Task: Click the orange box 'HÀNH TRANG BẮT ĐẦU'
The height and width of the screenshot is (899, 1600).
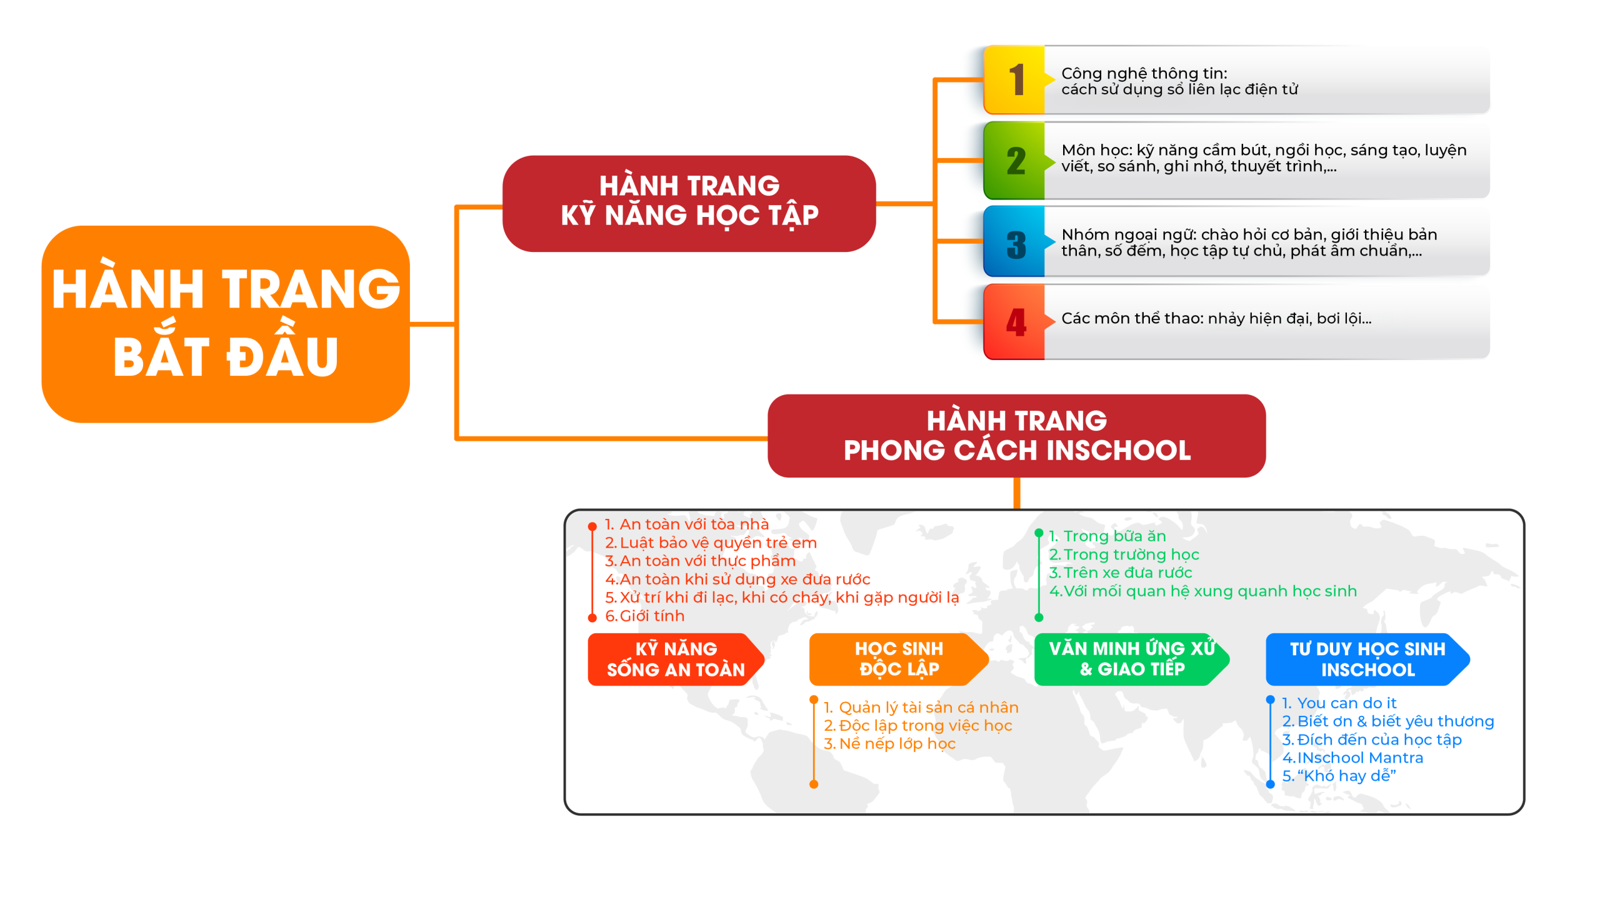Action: tap(225, 324)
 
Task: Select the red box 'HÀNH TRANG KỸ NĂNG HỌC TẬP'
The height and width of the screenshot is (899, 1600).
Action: tap(689, 203)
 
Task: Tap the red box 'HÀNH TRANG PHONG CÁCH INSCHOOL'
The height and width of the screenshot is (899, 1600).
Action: tap(1016, 436)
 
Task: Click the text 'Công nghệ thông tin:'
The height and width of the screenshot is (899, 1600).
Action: tap(1144, 73)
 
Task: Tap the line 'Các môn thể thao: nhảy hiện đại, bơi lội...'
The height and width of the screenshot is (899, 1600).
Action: tap(1216, 319)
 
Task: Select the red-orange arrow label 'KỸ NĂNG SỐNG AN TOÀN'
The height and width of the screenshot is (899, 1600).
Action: tap(675, 660)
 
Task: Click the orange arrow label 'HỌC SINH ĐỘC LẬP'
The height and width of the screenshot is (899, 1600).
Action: tap(898, 660)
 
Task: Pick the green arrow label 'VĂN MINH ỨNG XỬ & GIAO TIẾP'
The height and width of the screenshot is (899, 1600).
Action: tap(1131, 660)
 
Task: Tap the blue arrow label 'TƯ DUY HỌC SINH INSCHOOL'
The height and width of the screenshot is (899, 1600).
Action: tap(1367, 660)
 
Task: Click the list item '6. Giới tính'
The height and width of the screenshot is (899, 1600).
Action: tap(644, 616)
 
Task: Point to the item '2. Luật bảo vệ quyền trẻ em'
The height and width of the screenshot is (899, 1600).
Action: tap(711, 543)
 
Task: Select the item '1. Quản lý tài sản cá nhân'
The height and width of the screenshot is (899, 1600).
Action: tap(921, 708)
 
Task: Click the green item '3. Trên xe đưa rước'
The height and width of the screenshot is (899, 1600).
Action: tap(1121, 573)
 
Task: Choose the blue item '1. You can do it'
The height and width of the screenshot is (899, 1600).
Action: tap(1339, 703)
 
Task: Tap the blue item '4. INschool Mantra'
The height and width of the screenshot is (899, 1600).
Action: tap(1352, 758)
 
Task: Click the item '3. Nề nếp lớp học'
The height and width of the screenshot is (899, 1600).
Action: tap(889, 744)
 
